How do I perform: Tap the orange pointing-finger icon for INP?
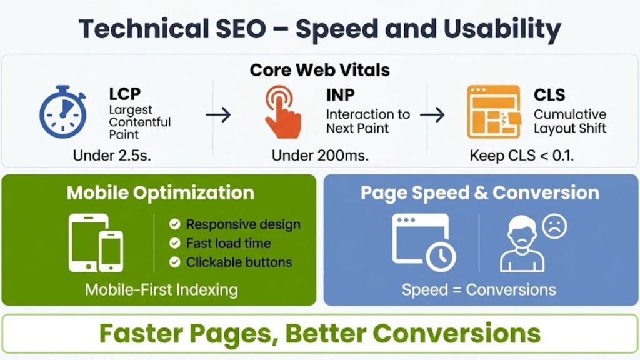(x=282, y=111)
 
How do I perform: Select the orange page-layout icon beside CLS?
(x=493, y=112)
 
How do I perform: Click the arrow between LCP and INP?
(x=218, y=114)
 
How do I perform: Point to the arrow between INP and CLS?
(x=432, y=114)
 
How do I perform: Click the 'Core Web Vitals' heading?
(x=320, y=69)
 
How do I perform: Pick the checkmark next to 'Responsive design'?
(x=175, y=224)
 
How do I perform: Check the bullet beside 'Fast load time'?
(x=175, y=243)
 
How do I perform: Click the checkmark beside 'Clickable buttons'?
(x=175, y=262)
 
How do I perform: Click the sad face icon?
(x=554, y=226)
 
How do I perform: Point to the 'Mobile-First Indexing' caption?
(x=161, y=289)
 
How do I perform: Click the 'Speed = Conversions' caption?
(x=479, y=289)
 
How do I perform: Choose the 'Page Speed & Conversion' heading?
(x=479, y=192)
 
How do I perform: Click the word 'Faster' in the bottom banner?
(x=147, y=334)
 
